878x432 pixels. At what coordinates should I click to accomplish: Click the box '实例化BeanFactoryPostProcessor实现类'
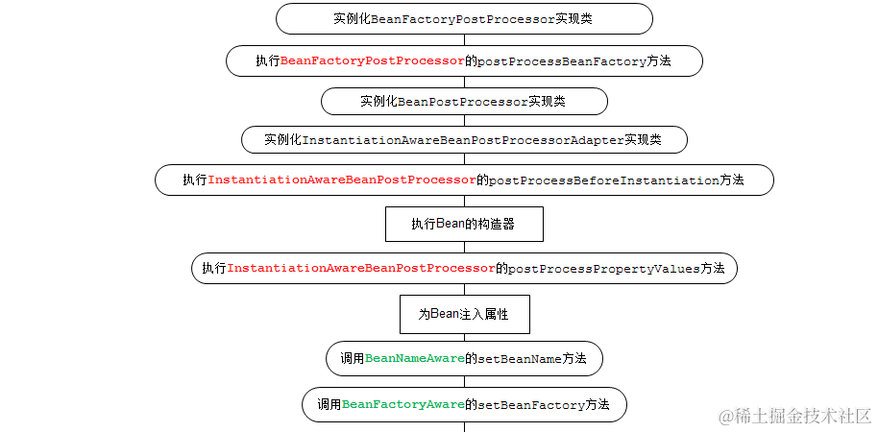(x=464, y=19)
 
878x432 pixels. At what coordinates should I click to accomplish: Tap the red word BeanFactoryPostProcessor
(x=373, y=60)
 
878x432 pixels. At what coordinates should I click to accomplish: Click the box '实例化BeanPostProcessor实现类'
(x=464, y=101)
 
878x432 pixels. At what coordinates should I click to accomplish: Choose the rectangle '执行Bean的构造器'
(x=464, y=225)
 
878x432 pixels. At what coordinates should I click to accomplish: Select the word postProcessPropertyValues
(x=604, y=269)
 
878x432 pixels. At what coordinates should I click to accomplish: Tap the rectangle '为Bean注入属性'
(x=464, y=314)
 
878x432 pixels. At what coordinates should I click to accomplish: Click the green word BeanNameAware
(x=415, y=359)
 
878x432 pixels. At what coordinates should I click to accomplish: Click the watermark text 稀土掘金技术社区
(x=803, y=417)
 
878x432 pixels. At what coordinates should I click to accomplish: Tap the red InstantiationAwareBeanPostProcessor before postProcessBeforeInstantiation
(x=342, y=180)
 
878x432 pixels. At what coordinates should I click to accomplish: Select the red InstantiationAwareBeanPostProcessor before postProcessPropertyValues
(x=361, y=269)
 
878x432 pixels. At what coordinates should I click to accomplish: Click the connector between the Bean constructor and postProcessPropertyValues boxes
(x=464, y=248)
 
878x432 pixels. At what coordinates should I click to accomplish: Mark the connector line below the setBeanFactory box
(x=464, y=426)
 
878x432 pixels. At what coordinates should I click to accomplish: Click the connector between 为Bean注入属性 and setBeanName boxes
(x=464, y=337)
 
